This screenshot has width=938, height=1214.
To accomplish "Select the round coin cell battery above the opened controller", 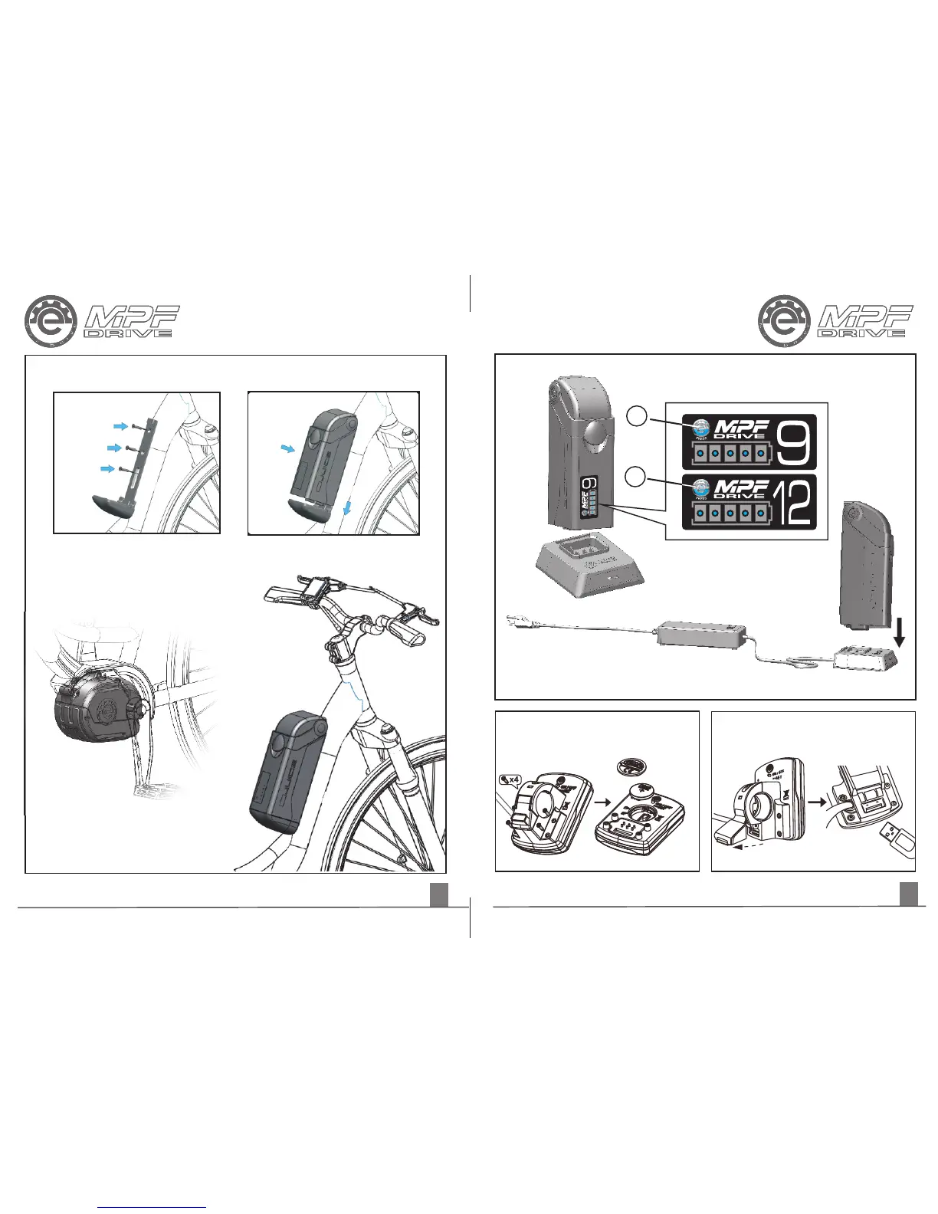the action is tap(633, 769).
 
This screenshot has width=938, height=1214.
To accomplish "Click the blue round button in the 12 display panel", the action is tap(700, 487).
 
